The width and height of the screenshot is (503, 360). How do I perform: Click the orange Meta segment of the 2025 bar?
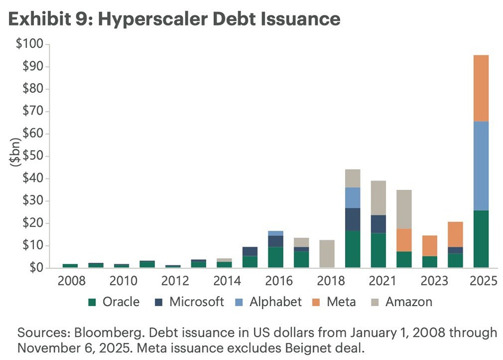pyautogui.click(x=481, y=88)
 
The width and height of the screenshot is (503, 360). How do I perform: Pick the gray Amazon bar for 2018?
pyautogui.click(x=327, y=254)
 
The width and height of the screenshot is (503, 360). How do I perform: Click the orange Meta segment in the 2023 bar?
pyautogui.click(x=430, y=246)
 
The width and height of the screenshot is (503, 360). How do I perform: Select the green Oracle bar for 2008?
pyautogui.click(x=70, y=265)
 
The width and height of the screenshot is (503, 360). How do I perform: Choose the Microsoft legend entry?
pyautogui.click(x=189, y=302)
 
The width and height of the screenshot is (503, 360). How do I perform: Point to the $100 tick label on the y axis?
pyautogui.click(x=30, y=45)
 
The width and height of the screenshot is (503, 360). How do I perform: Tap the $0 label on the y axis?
pyautogui.click(x=35, y=268)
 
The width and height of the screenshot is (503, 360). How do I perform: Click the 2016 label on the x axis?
pyautogui.click(x=276, y=280)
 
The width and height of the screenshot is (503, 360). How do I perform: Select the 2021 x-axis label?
pyautogui.click(x=378, y=280)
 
